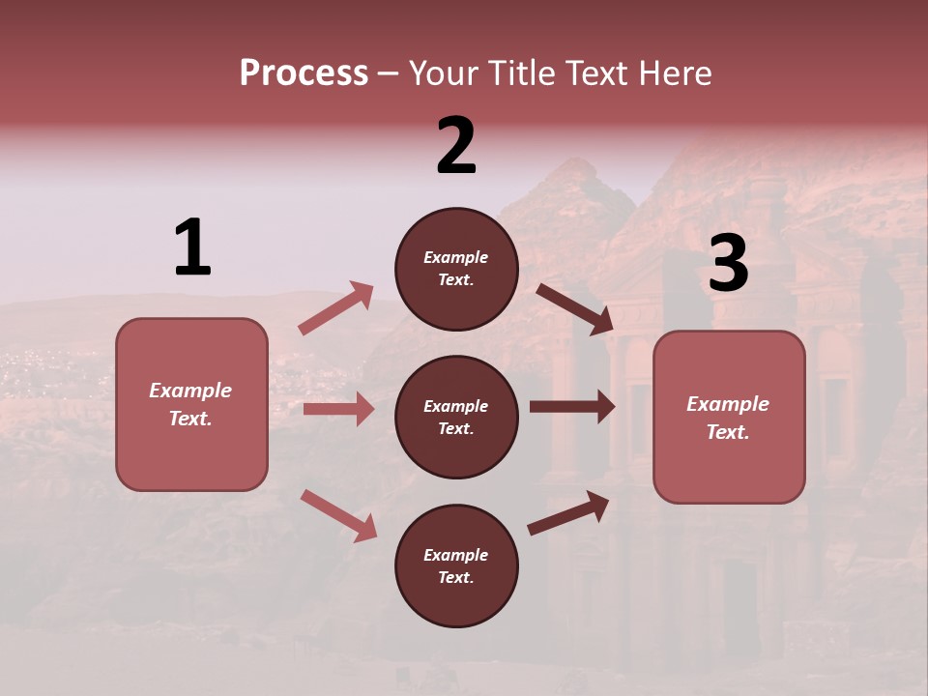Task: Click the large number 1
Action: (192, 247)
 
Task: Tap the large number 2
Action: (456, 146)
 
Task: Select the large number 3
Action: (729, 264)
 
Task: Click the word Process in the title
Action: (304, 72)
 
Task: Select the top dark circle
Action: (456, 269)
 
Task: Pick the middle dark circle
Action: (456, 417)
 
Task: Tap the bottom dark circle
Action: (456, 565)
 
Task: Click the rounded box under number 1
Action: (191, 404)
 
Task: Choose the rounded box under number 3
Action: (729, 417)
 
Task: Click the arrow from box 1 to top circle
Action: (336, 308)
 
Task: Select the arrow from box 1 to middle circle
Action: (338, 409)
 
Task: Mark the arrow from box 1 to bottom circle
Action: (338, 515)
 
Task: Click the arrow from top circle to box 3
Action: (574, 308)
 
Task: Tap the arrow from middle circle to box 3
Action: (572, 407)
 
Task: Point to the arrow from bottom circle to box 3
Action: (569, 513)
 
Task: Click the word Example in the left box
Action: (190, 391)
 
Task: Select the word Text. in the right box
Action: (728, 432)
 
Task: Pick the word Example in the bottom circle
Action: (455, 555)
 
